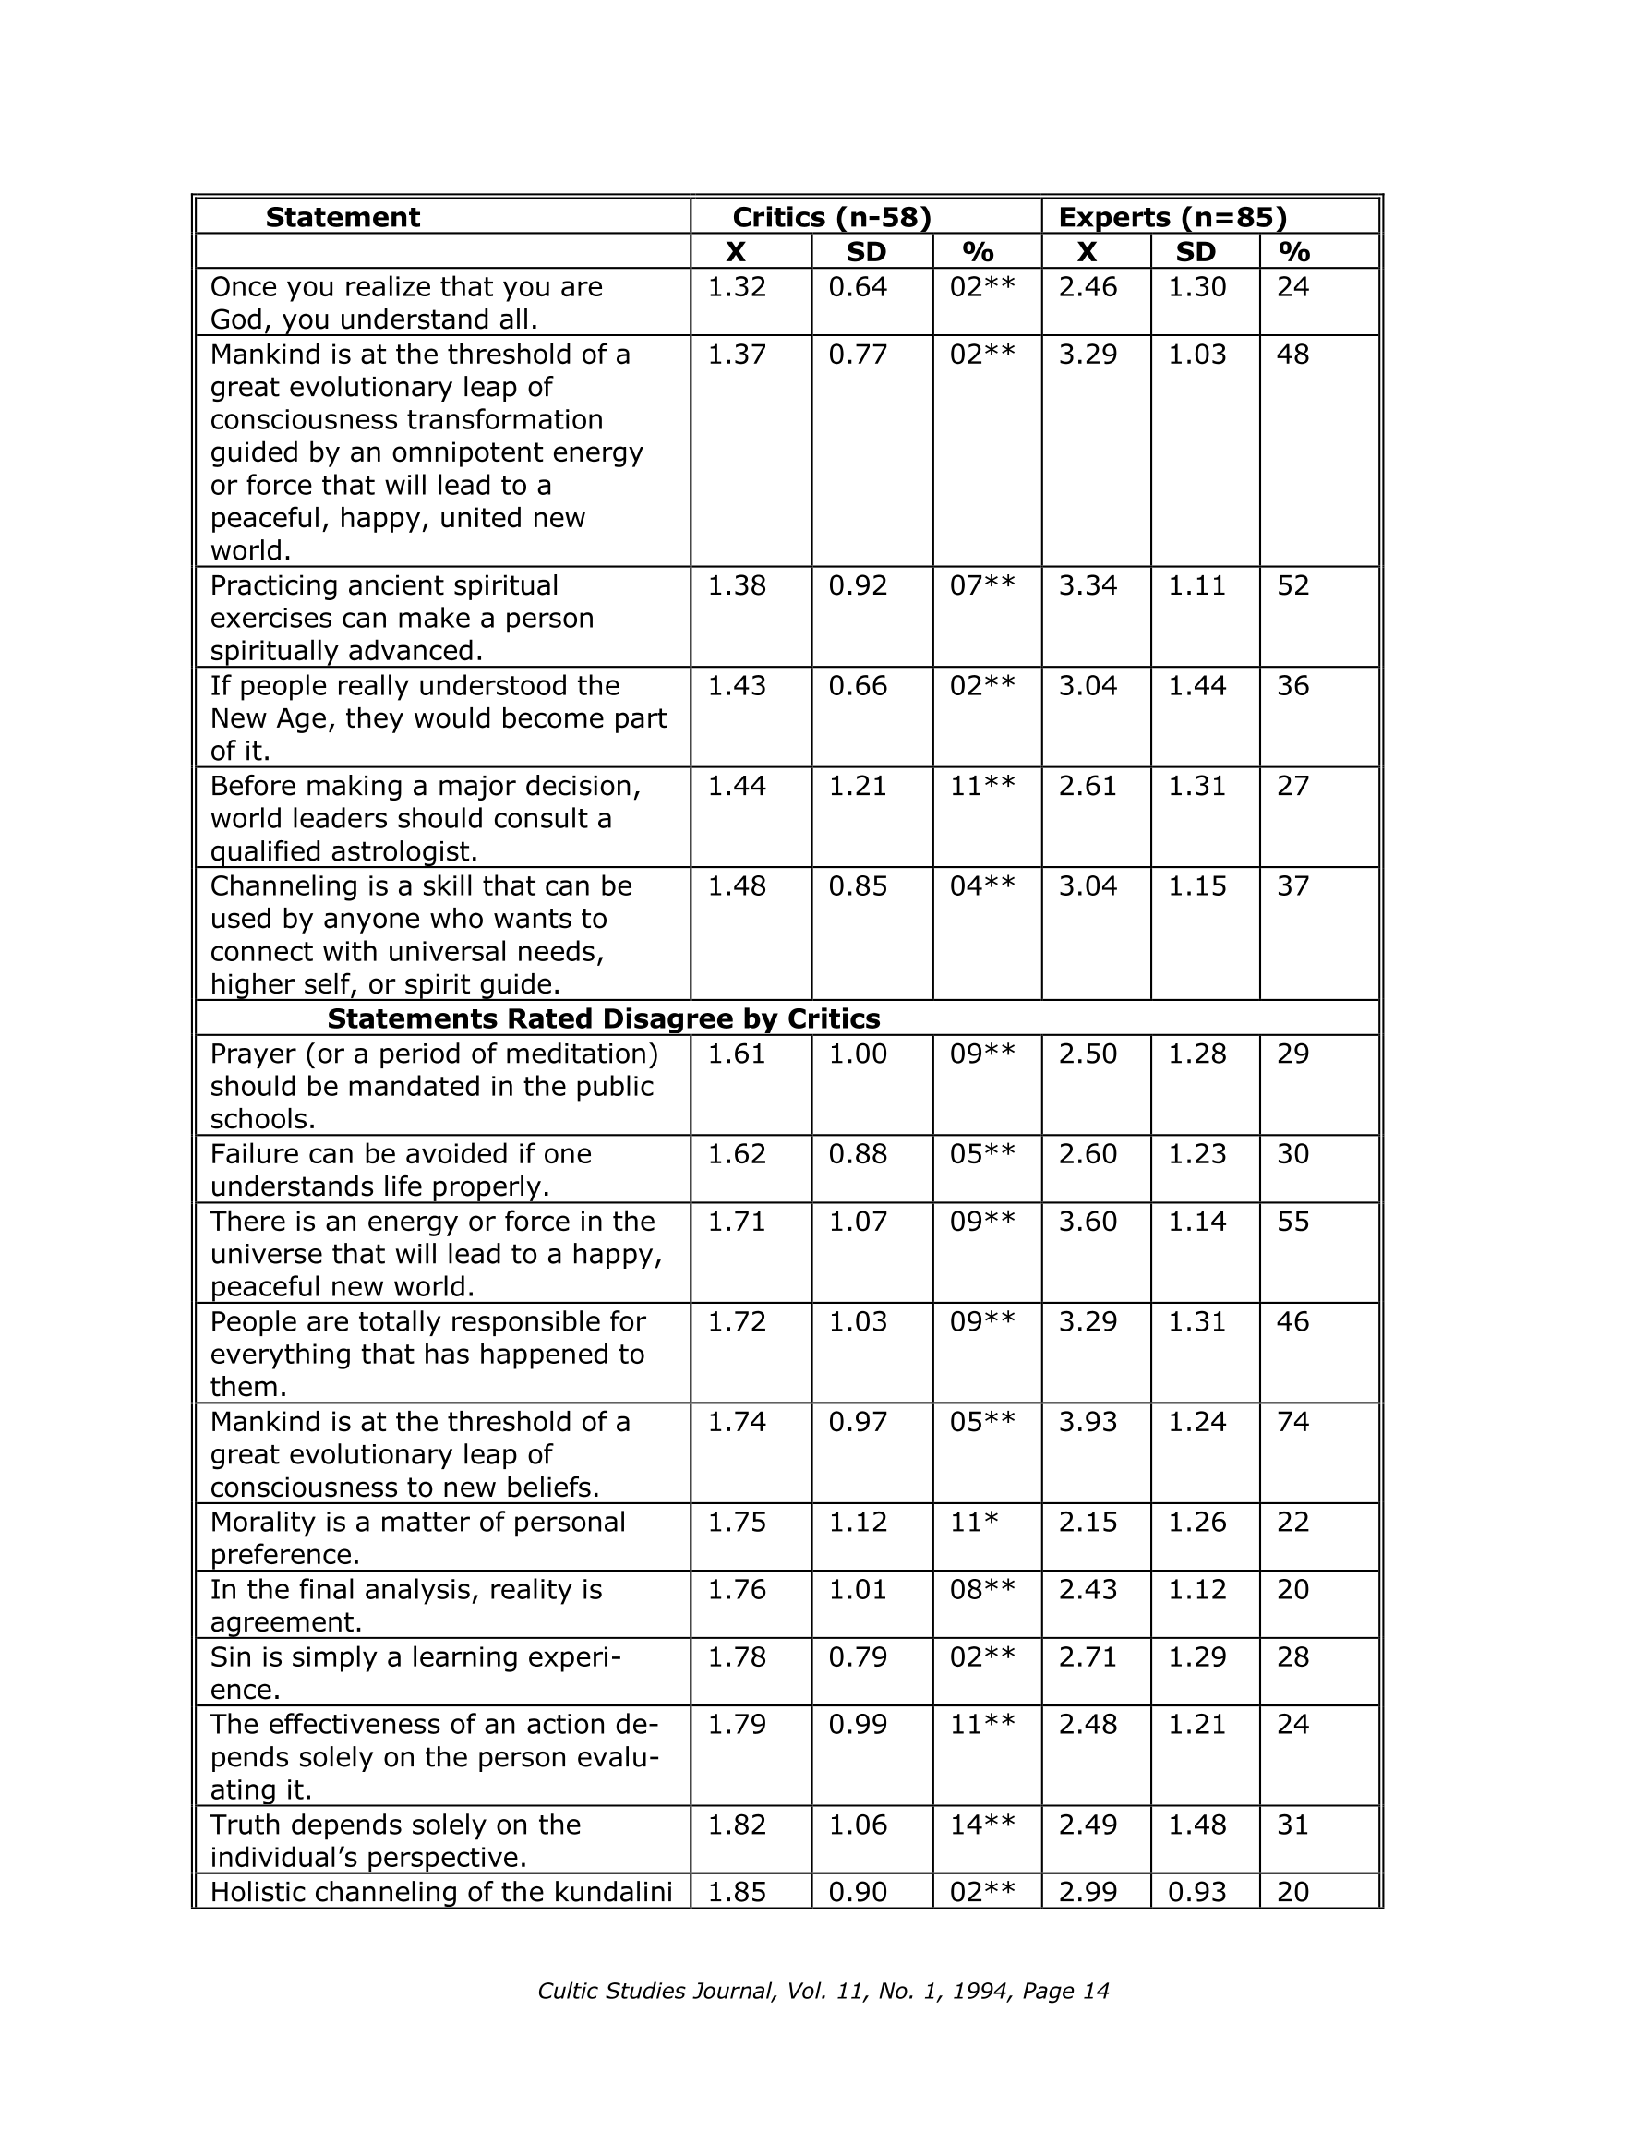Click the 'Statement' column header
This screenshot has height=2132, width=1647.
(x=342, y=217)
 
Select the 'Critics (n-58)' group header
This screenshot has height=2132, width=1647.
(x=832, y=217)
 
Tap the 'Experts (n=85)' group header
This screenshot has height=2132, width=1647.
(x=1172, y=217)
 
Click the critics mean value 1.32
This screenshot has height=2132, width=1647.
(x=736, y=287)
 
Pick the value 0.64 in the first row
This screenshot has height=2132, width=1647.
(x=859, y=287)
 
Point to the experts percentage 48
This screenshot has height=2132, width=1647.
(x=1292, y=355)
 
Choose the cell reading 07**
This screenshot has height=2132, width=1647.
(x=982, y=585)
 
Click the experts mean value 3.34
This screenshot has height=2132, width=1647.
(x=1088, y=585)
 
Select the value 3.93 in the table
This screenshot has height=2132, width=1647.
(x=1088, y=1422)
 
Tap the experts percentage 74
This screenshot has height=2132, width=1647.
(x=1292, y=1422)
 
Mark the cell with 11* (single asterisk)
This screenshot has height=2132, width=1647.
(x=974, y=1523)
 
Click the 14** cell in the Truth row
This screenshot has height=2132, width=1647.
(x=982, y=1825)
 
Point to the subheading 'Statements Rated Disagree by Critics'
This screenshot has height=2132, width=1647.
(x=604, y=1019)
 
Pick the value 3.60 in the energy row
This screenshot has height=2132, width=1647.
(x=1088, y=1223)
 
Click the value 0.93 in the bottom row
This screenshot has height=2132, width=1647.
(x=1196, y=1893)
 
